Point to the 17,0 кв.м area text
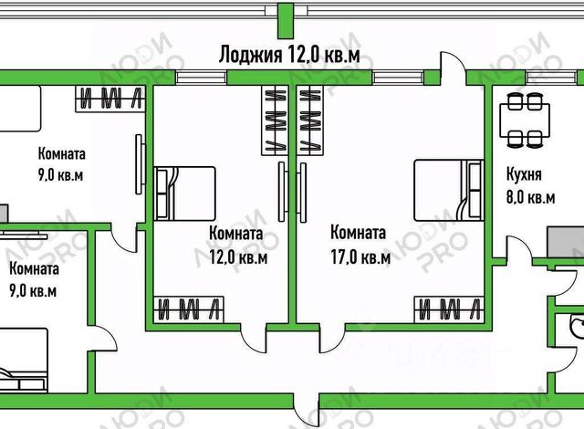[x=360, y=256]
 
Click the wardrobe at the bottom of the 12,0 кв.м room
[x=188, y=309]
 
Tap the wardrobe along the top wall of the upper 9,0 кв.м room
[x=109, y=97]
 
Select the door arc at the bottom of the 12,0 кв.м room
[x=255, y=340]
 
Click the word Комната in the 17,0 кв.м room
[x=357, y=232]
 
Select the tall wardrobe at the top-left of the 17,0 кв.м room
[x=311, y=119]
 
